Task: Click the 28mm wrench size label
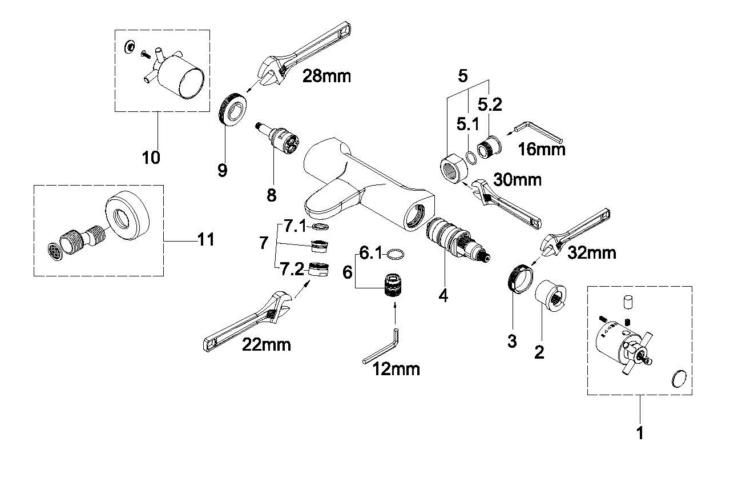point(326,77)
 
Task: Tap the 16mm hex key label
point(542,149)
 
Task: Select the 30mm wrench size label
point(518,180)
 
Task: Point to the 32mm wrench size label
point(592,252)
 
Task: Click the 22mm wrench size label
point(266,344)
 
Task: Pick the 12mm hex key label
point(396,369)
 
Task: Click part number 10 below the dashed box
point(151,158)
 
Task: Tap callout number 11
point(206,240)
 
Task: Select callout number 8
point(271,195)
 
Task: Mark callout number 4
point(443,296)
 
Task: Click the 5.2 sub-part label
point(490,105)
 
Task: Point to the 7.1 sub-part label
point(295,226)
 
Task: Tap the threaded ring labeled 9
point(232,109)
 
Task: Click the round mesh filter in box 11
point(55,252)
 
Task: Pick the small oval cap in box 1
point(679,379)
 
